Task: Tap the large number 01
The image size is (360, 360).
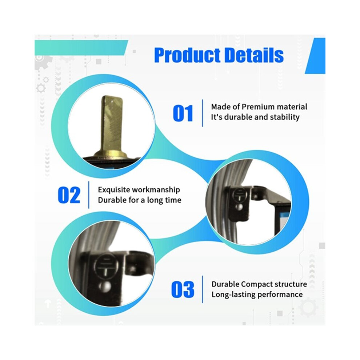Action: [x=183, y=113]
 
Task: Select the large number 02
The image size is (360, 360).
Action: [x=69, y=195]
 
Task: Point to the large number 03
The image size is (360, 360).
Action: [x=183, y=289]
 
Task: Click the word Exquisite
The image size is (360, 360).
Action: [x=114, y=190]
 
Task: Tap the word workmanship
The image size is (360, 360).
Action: [x=156, y=190]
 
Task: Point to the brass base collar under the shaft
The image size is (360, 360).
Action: [x=111, y=154]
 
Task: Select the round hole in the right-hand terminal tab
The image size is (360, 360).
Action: [x=240, y=207]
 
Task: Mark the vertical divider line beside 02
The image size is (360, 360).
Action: [x=89, y=195]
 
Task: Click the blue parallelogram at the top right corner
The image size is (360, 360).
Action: [x=316, y=56]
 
